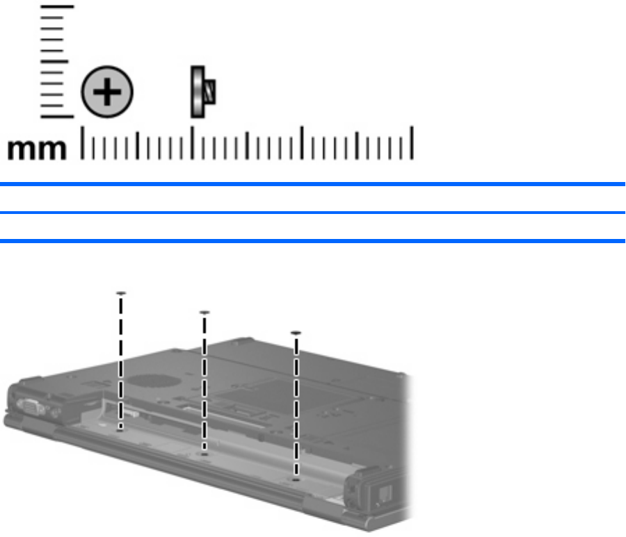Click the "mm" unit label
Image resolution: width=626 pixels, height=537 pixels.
click(x=37, y=149)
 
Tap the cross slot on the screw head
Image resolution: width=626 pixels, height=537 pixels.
click(x=107, y=92)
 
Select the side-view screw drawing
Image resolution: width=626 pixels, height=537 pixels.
click(x=203, y=92)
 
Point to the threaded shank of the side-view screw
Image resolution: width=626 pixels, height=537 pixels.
click(x=210, y=92)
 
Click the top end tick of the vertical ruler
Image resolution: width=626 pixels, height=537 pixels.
click(x=57, y=7)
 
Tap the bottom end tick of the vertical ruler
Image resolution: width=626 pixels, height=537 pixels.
click(x=57, y=117)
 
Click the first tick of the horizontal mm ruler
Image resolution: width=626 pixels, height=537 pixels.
click(x=82, y=143)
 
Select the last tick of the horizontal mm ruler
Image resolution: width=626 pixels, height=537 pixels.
click(x=412, y=143)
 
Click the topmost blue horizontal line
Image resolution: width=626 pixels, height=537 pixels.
click(x=312, y=184)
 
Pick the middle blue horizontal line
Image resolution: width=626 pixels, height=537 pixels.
click(x=312, y=213)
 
